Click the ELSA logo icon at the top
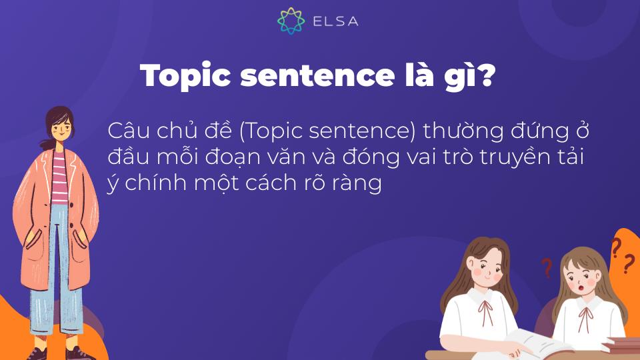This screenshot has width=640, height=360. point(291,21)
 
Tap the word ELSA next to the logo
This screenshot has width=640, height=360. point(335,21)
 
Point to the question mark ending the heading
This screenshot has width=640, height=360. point(487,77)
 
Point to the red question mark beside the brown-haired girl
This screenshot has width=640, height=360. point(547,267)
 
